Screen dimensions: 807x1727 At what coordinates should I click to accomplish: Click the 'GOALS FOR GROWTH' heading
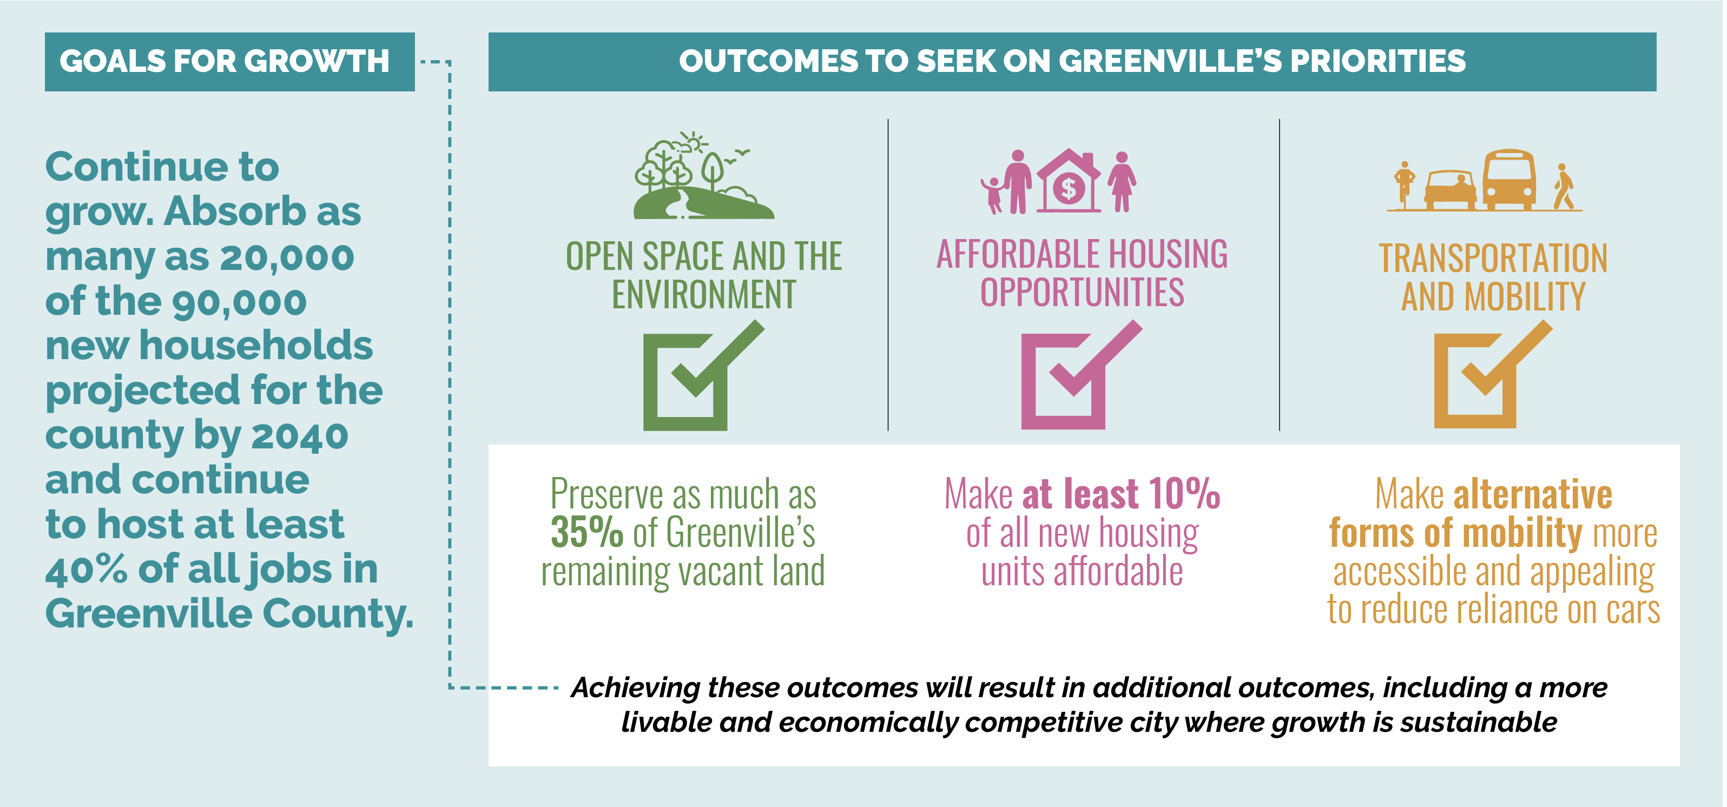[224, 61]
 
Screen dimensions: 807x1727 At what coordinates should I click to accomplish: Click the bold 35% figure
[586, 533]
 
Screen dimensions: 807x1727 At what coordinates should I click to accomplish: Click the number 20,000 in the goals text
[287, 257]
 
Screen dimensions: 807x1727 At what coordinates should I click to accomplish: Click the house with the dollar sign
[1068, 182]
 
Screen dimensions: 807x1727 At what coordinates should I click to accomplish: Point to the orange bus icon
[1508, 180]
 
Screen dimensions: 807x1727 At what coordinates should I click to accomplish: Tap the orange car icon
[1449, 190]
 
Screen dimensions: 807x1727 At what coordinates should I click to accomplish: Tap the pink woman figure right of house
[1122, 181]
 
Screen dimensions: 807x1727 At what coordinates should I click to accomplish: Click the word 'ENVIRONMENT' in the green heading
[703, 295]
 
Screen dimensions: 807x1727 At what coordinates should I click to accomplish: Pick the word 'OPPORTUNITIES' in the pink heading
[1082, 293]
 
